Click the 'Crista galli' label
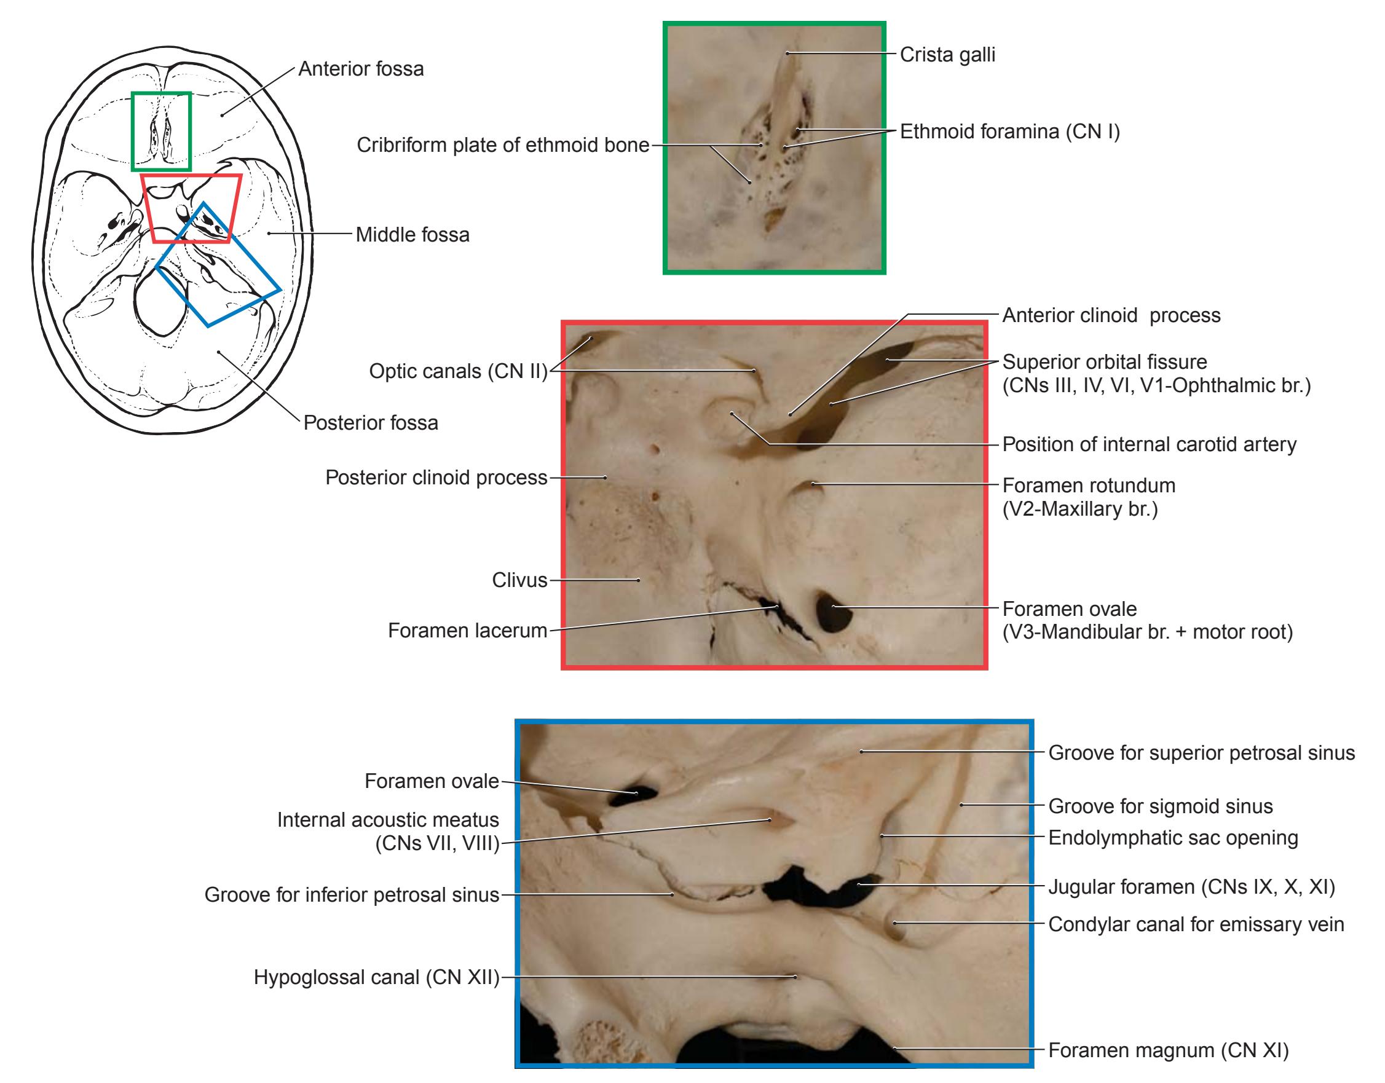[x=947, y=55]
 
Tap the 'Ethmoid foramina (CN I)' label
[x=1009, y=132]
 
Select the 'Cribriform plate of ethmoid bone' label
[x=503, y=145]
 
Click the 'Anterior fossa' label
[x=361, y=68]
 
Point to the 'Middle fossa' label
[x=412, y=235]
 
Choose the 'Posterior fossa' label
[x=370, y=422]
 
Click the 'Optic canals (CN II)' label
[x=459, y=371]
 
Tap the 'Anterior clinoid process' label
[x=1111, y=315]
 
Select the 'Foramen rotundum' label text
[x=1089, y=486]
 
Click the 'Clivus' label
[x=519, y=580]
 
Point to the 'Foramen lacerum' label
[x=467, y=630]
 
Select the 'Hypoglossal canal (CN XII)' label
[x=377, y=977]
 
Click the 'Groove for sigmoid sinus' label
[x=1161, y=806]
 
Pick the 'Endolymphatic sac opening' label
[x=1173, y=838]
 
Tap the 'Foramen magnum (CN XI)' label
[x=1169, y=1050]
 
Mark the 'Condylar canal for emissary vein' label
[x=1196, y=924]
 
